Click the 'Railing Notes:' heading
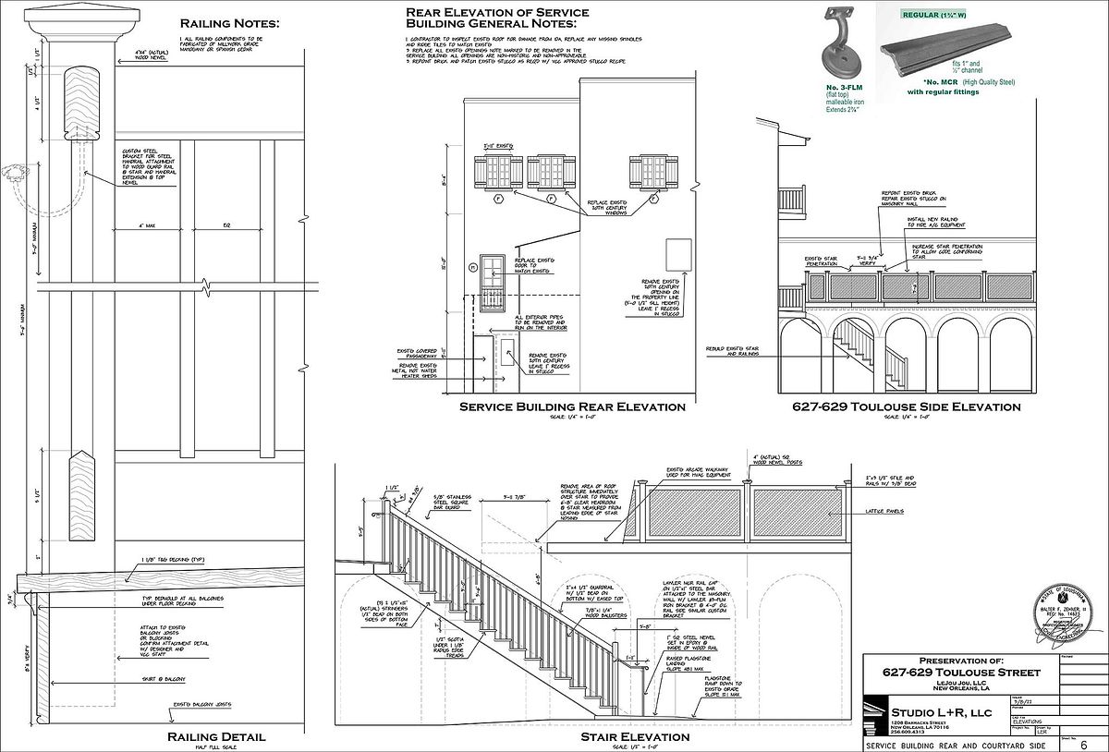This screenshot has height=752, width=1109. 229,22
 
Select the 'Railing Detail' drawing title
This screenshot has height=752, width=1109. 216,736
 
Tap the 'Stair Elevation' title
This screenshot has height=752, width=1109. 634,737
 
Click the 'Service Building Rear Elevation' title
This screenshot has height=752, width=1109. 573,406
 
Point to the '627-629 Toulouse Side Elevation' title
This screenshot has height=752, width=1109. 906,406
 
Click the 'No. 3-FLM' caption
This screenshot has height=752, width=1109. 845,87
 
